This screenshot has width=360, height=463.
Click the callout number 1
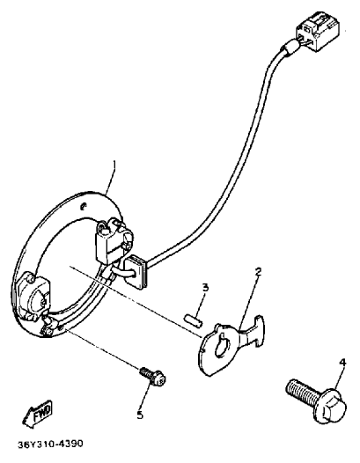[x=114, y=166]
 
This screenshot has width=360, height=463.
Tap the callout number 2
[x=258, y=272]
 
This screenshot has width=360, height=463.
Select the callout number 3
[x=205, y=287]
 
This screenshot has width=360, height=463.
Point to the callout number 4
[x=342, y=363]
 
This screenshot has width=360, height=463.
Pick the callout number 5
[x=140, y=415]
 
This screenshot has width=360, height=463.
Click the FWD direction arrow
[x=37, y=414]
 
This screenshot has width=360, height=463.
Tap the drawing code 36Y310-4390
[x=50, y=444]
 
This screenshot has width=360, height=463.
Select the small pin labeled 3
[x=193, y=321]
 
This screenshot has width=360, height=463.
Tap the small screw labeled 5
[x=153, y=376]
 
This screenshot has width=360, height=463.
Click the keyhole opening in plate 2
[x=222, y=344]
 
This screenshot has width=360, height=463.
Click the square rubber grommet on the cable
[x=136, y=270]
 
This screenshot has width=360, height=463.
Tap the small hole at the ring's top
[x=84, y=206]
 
